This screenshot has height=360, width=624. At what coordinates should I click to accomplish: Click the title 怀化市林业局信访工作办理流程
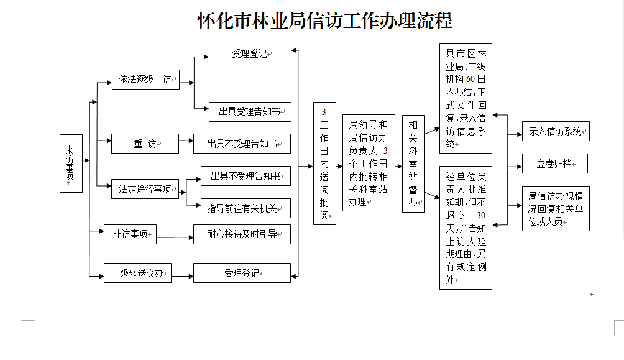pyautogui.click(x=324, y=21)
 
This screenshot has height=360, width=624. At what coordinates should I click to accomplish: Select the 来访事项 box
pyautogui.click(x=71, y=164)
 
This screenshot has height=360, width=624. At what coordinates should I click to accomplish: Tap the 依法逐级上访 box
pyautogui.click(x=145, y=80)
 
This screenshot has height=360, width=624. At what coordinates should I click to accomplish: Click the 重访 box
pyautogui.click(x=145, y=144)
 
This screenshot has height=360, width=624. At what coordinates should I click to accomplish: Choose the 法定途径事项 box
pyautogui.click(x=145, y=189)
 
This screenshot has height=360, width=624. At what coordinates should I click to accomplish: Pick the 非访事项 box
pyautogui.click(x=130, y=234)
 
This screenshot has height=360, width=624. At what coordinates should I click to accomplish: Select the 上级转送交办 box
pyautogui.click(x=137, y=273)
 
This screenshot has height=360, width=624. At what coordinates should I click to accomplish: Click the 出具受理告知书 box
pyautogui.click(x=249, y=112)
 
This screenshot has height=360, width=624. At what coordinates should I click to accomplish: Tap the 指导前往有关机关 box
pyautogui.click(x=245, y=208)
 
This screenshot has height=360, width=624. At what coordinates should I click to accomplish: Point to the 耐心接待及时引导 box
pyautogui.click(x=242, y=234)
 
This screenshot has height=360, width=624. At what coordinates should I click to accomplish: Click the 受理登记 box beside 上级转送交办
pyautogui.click(x=242, y=273)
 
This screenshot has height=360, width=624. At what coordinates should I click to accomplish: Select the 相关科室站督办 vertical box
pyautogui.click(x=413, y=164)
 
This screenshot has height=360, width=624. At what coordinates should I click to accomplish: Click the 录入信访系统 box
pyautogui.click(x=556, y=131)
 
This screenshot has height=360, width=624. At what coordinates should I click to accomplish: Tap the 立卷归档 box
pyautogui.click(x=554, y=164)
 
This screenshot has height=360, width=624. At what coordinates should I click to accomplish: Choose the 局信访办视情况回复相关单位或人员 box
pyautogui.click(x=556, y=208)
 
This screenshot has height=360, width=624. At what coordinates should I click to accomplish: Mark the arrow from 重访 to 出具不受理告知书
pyautogui.click(x=186, y=144)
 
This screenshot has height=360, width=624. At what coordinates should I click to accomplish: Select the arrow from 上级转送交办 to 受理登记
pyautogui.click(x=182, y=273)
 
